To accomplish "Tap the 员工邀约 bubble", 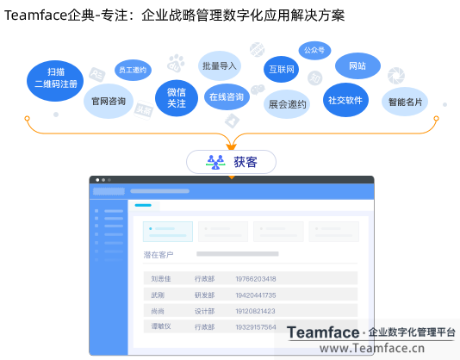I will pyautogui.click(x=132, y=69).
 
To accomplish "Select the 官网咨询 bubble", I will pyautogui.click(x=109, y=102).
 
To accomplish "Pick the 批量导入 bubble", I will pyautogui.click(x=219, y=65).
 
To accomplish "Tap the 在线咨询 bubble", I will pyautogui.click(x=227, y=97).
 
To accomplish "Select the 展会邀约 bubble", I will pyautogui.click(x=287, y=104).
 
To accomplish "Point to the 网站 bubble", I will pyautogui.click(x=357, y=66).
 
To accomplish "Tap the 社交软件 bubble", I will pyautogui.click(x=345, y=100).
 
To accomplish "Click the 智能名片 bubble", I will pyautogui.click(x=405, y=102).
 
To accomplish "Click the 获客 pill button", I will pyautogui.click(x=232, y=162).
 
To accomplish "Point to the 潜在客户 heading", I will pyautogui.click(x=159, y=254).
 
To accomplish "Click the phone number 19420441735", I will pyautogui.click(x=256, y=295).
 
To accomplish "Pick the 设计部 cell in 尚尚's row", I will pyautogui.click(x=205, y=311).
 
